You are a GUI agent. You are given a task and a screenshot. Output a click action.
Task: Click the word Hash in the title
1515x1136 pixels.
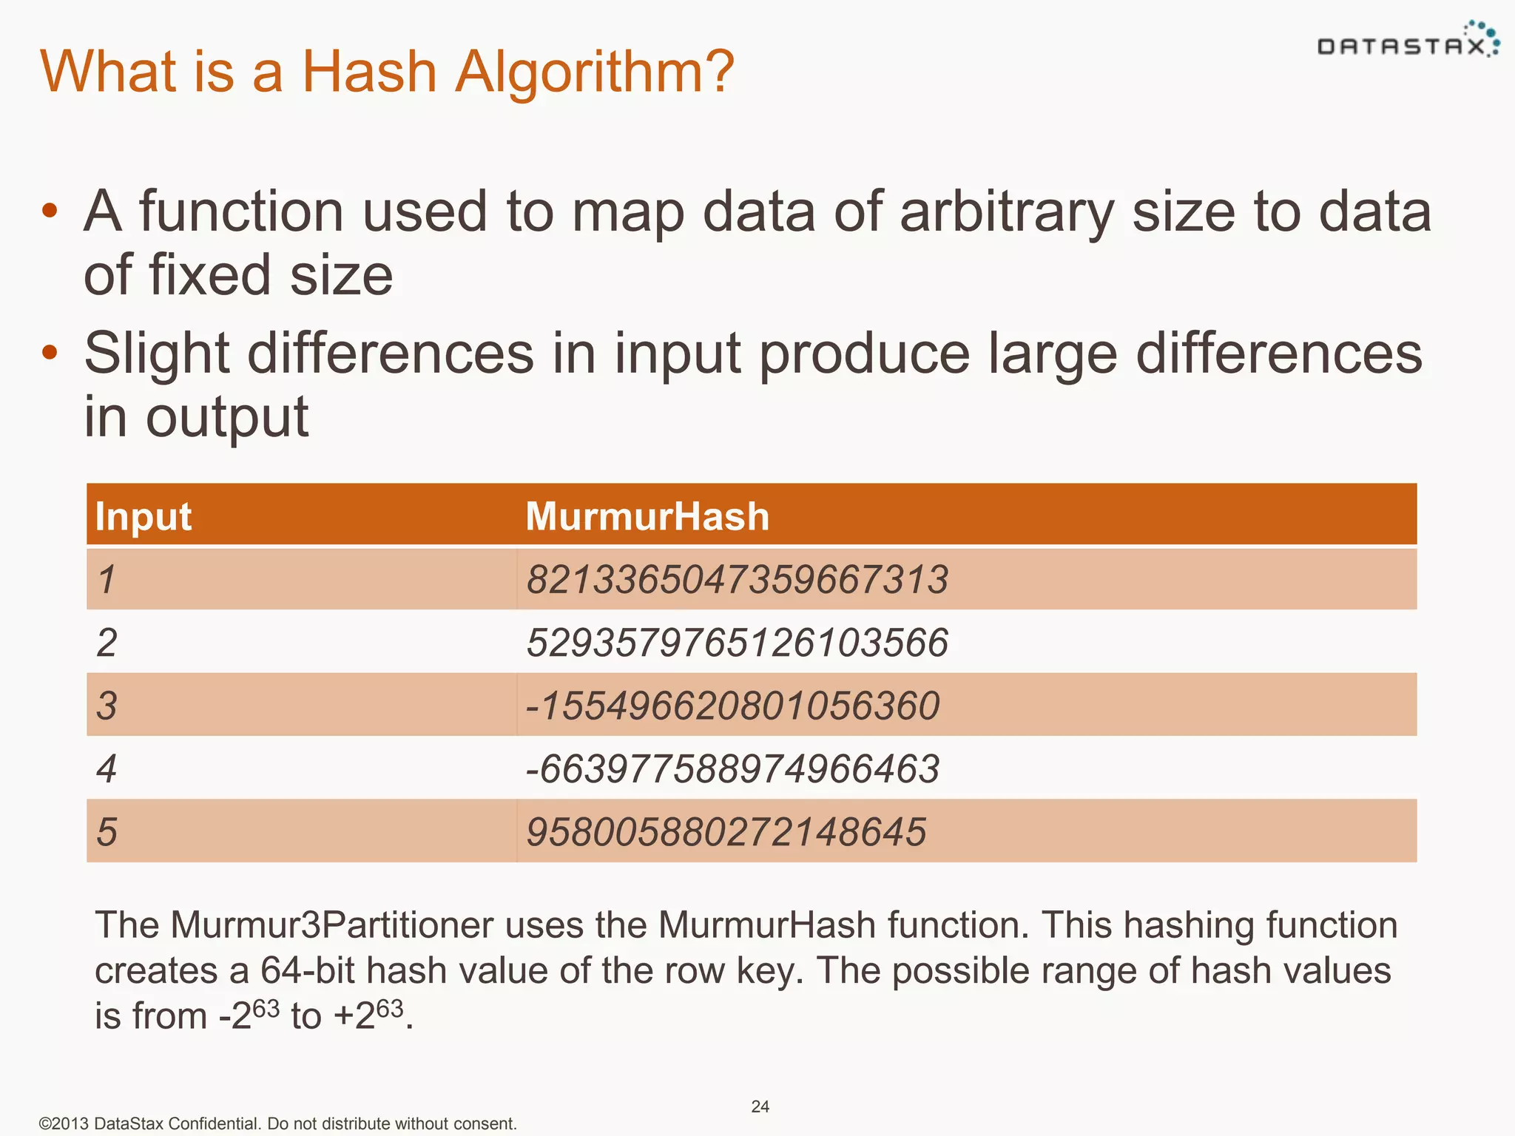(369, 72)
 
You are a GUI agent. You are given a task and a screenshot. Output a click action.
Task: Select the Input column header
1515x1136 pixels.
(144, 516)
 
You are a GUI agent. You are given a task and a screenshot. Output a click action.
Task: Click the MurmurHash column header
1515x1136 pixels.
(647, 516)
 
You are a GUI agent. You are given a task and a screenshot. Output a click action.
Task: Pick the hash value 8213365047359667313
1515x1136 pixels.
(737, 579)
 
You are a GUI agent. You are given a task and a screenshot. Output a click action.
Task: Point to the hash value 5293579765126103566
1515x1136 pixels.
(737, 642)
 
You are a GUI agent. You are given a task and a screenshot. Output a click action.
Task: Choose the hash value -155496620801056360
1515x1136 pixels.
(732, 706)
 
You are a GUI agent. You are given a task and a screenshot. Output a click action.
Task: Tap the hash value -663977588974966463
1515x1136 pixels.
(732, 768)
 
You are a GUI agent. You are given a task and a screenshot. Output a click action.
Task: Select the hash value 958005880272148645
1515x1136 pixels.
(726, 832)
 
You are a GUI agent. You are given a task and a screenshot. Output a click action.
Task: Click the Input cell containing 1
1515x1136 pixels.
(107, 579)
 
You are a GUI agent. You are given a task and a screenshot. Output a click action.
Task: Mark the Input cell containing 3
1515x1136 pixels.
(107, 706)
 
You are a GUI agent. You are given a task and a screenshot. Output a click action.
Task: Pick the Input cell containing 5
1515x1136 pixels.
(107, 832)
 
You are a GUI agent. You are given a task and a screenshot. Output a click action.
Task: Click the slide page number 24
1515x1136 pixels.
(760, 1106)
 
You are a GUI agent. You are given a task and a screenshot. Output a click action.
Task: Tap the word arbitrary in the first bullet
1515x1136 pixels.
(1006, 212)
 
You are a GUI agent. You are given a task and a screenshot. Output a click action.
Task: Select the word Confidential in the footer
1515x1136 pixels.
(214, 1123)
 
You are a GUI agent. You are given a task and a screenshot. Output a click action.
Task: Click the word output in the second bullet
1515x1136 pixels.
(227, 418)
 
